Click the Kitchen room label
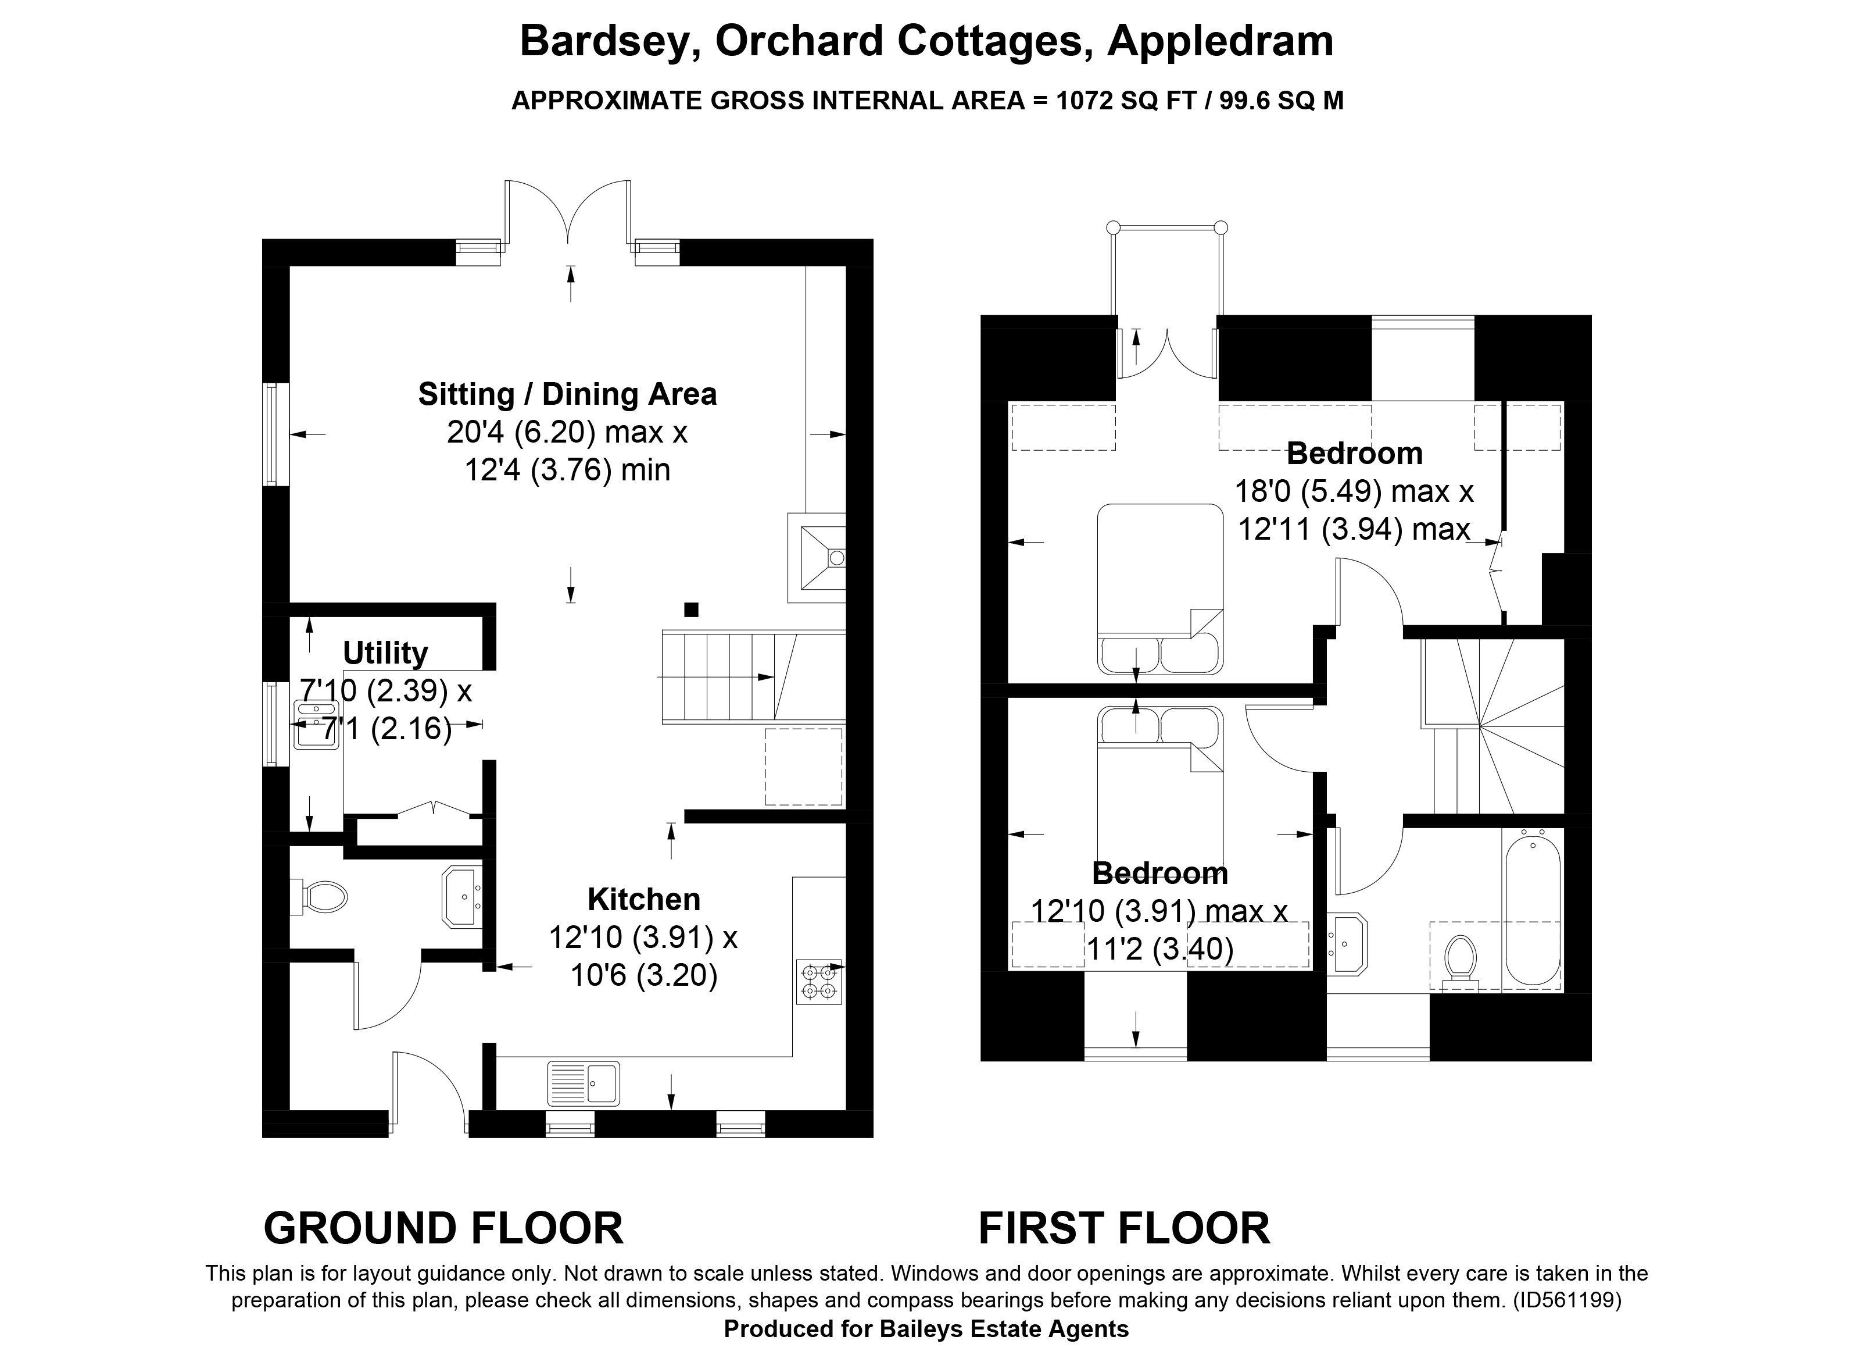644,900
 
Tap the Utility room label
385,654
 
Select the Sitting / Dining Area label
567,394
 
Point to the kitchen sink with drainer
584,1083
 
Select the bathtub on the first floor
1532,908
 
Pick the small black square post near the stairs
692,609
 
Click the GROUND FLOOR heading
443,1228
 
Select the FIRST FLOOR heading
1124,1228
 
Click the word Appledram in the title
1221,42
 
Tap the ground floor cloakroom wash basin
463,896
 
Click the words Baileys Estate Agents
1004,1329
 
